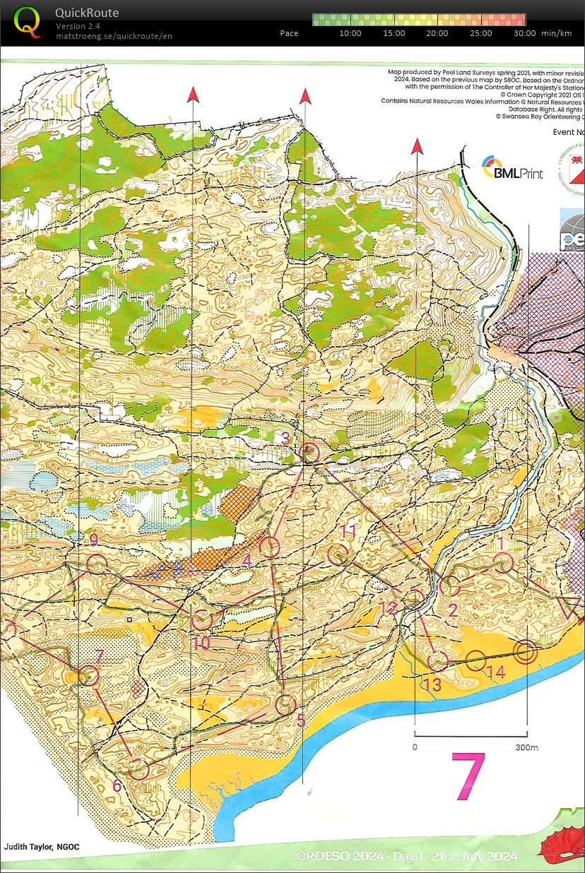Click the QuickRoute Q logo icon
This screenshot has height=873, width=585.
[x=28, y=22]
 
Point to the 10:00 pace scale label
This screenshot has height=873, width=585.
[x=350, y=33]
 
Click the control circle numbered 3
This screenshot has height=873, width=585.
[x=309, y=453]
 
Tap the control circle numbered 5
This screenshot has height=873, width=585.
[x=285, y=703]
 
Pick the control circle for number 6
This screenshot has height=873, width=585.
[x=138, y=768]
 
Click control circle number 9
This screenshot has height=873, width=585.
[x=97, y=564]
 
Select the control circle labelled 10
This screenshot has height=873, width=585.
[x=202, y=619]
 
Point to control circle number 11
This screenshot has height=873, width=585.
[x=338, y=554]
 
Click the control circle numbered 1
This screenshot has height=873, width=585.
[x=503, y=563]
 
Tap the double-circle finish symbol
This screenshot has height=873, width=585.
[x=525, y=652]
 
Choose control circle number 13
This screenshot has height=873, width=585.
[x=438, y=660]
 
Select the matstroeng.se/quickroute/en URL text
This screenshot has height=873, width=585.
[x=114, y=36]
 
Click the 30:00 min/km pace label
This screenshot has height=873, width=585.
[x=524, y=33]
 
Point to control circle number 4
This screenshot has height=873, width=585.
[x=269, y=546]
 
